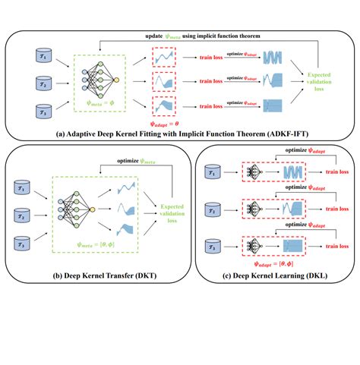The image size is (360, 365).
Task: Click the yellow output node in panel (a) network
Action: pos(115,80)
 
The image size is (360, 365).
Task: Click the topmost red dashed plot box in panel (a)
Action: pos(166,57)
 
